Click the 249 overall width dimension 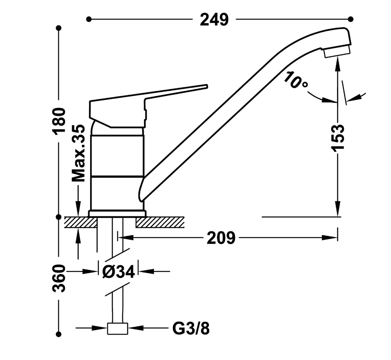pos(214,20)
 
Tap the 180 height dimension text pos(60,121)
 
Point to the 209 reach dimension pos(221,238)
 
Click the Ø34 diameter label pos(118,272)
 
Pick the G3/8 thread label pos(191,328)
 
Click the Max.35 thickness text pos(78,153)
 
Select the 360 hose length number pos(59,278)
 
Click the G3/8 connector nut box pos(117,328)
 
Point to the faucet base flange pos(117,214)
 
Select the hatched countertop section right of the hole pos(160,222)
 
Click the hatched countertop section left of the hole pos(80,222)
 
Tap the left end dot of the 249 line pos(89,19)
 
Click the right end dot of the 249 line pos(351,19)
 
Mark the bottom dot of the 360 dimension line pos(59,334)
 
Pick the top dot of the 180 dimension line pos(59,28)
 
